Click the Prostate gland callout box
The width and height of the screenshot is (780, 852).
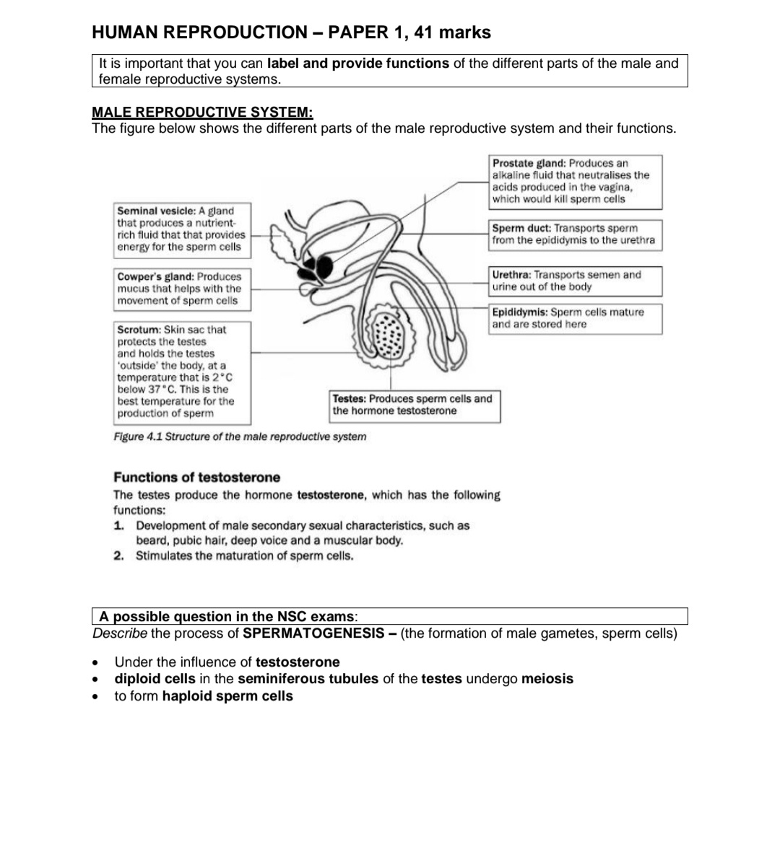coord(575,182)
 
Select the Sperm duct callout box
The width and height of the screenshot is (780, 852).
coord(575,235)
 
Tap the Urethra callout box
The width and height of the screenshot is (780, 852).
coord(575,281)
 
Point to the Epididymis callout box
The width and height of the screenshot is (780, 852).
coord(575,319)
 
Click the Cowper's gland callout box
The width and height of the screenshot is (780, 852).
coord(182,289)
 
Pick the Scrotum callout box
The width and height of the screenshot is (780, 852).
coord(182,372)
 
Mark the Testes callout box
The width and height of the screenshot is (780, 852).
coord(415,405)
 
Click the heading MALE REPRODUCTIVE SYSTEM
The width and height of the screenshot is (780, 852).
coord(203,113)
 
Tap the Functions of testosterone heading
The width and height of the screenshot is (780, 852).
coord(196,478)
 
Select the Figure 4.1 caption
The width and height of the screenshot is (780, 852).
coord(240,436)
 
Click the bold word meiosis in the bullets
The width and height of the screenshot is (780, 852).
coord(547,679)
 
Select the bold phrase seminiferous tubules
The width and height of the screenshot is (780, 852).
coord(308,679)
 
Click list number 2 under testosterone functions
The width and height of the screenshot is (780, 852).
coord(118,556)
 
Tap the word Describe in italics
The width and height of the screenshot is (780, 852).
coord(120,634)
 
